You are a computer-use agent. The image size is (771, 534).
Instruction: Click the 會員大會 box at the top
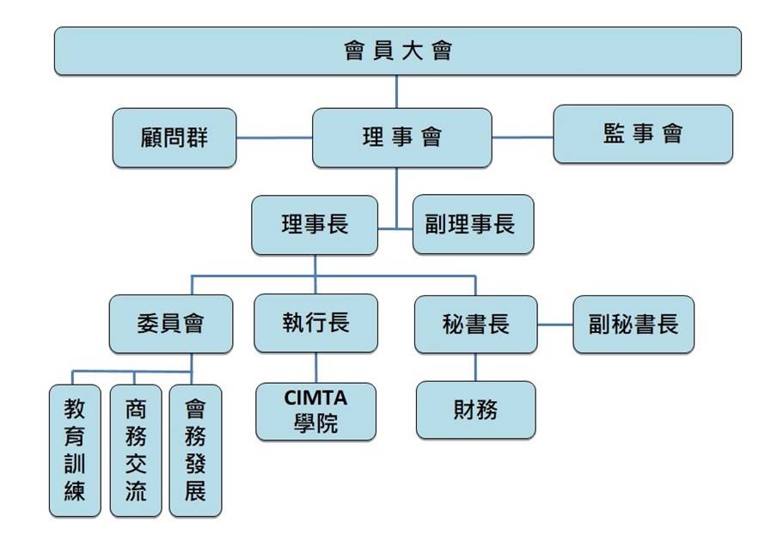397,52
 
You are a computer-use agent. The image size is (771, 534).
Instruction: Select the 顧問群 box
174,137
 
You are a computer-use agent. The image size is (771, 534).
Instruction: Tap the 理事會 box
401,137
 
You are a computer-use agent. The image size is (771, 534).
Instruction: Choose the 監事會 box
642,134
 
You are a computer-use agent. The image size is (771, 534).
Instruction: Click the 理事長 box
315,225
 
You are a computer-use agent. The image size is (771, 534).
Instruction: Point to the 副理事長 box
473,225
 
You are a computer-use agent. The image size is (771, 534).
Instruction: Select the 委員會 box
170,324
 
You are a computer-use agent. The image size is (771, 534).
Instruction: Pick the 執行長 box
315,323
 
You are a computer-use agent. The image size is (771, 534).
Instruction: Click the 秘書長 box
475,324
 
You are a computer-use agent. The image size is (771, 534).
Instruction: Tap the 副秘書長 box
633,324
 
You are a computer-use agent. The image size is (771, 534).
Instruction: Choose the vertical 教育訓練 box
75,450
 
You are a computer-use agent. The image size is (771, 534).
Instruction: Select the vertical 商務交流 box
135,450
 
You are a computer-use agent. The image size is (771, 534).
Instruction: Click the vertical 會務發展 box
195,450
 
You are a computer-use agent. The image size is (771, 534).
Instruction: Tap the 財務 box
475,410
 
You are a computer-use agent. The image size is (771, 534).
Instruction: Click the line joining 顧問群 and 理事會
273,137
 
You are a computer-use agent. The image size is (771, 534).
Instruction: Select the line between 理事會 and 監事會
522,137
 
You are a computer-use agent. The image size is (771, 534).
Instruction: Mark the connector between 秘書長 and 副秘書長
555,325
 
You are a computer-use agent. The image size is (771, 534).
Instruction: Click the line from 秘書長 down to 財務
475,367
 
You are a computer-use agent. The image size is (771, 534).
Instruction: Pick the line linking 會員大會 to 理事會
396,91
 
